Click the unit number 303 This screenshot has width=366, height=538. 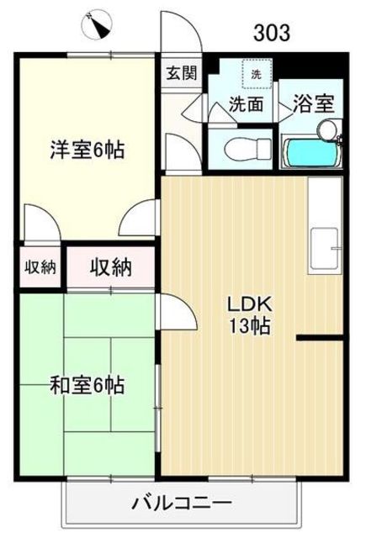[x=272, y=33]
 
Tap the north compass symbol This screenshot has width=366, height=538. [x=98, y=24]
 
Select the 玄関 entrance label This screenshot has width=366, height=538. [x=181, y=73]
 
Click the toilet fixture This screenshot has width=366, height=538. [x=247, y=149]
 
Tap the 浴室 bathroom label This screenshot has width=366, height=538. [x=313, y=104]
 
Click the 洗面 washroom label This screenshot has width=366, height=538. [x=247, y=103]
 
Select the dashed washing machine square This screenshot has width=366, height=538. [x=257, y=74]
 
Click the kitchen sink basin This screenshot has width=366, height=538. [x=325, y=248]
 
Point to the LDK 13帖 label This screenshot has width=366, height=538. [x=250, y=314]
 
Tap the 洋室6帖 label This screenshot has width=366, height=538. [x=88, y=150]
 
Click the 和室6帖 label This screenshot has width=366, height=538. [x=88, y=385]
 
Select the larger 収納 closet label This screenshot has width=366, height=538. [x=110, y=267]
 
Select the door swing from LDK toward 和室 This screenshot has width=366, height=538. [x=176, y=311]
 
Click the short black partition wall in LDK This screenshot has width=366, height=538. [x=320, y=338]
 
